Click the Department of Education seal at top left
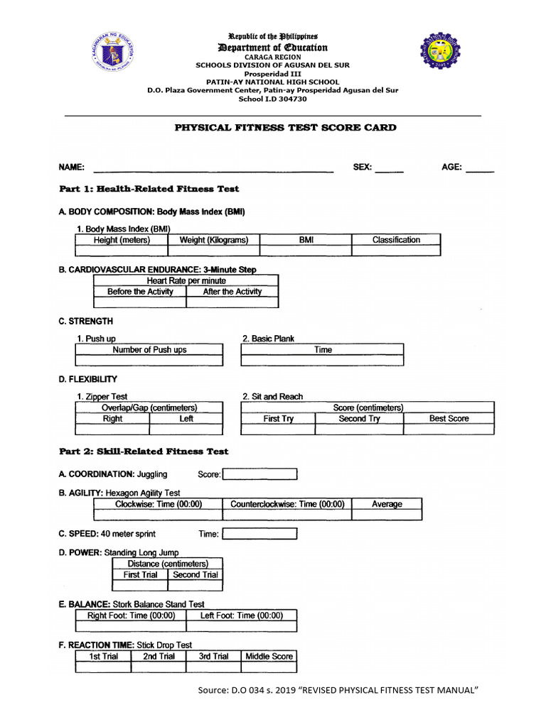113,50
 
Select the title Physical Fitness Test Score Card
286,128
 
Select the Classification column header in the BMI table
396,240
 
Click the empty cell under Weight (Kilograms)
214,251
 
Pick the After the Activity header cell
232,292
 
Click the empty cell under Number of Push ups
149,361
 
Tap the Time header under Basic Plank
323,350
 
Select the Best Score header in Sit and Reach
449,419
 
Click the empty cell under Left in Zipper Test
186,430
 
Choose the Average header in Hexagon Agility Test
387,504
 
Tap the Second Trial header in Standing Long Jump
195,575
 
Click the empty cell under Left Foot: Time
242,627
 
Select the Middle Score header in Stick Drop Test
269,657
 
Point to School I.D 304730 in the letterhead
273,99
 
